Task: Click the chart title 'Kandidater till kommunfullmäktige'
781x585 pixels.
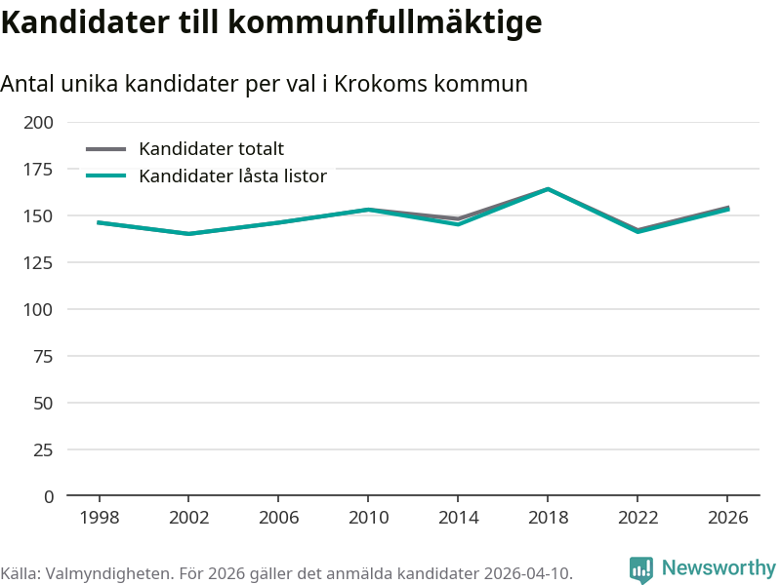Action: point(271,22)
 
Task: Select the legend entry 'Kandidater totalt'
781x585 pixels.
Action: point(211,149)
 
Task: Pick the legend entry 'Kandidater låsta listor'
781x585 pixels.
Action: point(232,176)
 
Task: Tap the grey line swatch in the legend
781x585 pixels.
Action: point(106,149)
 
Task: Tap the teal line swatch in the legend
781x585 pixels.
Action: point(106,176)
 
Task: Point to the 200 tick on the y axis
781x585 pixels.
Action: point(39,122)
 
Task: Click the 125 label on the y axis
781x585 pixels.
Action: point(39,262)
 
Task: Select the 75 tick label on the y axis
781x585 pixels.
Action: point(43,356)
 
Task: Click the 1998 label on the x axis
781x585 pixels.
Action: point(98,517)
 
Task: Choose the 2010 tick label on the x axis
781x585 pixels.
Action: point(368,517)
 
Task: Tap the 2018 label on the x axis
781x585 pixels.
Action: point(548,517)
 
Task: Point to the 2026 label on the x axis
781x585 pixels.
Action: point(728,517)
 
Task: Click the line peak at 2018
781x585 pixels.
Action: point(548,189)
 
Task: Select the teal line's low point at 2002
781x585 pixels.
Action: point(187,234)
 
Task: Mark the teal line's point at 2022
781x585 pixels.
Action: point(638,232)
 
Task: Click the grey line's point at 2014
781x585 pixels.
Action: point(458,218)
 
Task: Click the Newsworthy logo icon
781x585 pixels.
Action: point(641,568)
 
